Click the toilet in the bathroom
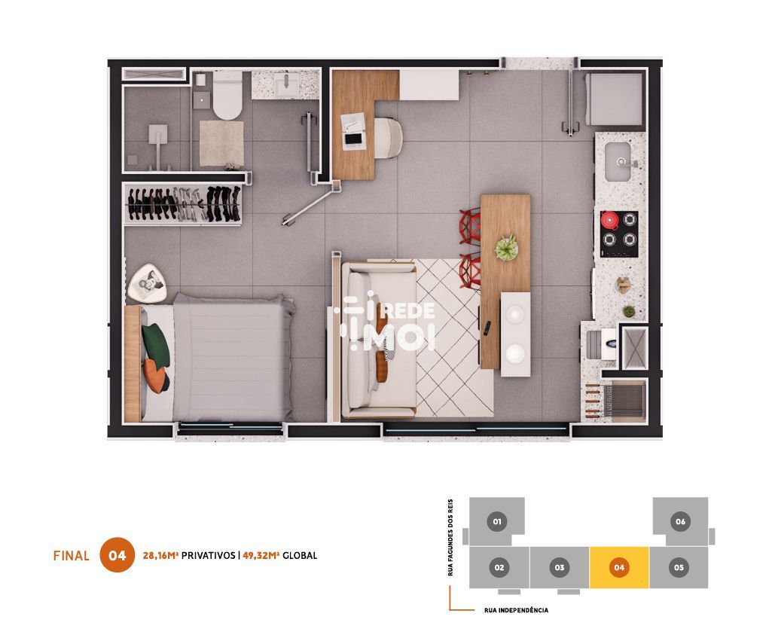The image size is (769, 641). pos(227,95)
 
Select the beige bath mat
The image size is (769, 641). pos(221,144)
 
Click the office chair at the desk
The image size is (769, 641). pos(389,139)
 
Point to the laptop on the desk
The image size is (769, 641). pos(353,139)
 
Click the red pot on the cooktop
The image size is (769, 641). pos(610,220)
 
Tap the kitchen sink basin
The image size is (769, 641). pos(618,162)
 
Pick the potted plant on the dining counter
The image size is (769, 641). pos(507,247)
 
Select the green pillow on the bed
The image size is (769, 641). pos(156,344)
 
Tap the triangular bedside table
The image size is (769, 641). pos(147,284)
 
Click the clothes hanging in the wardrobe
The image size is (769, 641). pos(184,203)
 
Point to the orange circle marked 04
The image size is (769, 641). pos(117,555)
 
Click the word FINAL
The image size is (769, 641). pos(71,556)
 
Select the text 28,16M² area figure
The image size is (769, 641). pos(160,555)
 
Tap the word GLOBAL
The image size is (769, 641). pos(300,555)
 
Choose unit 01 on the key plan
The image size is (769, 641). pos(497,521)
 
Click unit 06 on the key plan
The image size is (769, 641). pos(680,521)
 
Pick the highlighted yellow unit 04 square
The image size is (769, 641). pos(619,567)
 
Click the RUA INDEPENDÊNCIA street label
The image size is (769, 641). pos(516,610)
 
